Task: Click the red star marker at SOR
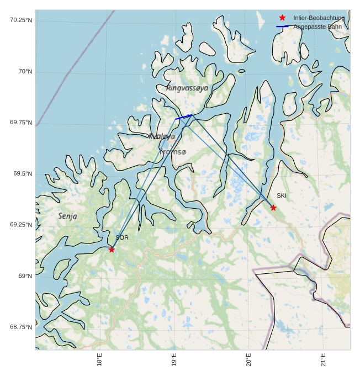click(112, 250)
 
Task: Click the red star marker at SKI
click(273, 208)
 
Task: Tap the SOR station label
click(122, 237)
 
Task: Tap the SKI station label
click(282, 195)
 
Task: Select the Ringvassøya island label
click(187, 88)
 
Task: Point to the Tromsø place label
click(173, 152)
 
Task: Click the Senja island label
click(68, 216)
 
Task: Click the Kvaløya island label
click(162, 136)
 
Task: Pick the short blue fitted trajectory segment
click(183, 117)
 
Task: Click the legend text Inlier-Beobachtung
click(319, 18)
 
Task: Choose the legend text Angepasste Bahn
click(317, 27)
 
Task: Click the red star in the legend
click(282, 18)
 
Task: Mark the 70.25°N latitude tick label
click(21, 20)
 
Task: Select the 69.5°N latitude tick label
click(23, 173)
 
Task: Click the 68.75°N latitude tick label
click(21, 327)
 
